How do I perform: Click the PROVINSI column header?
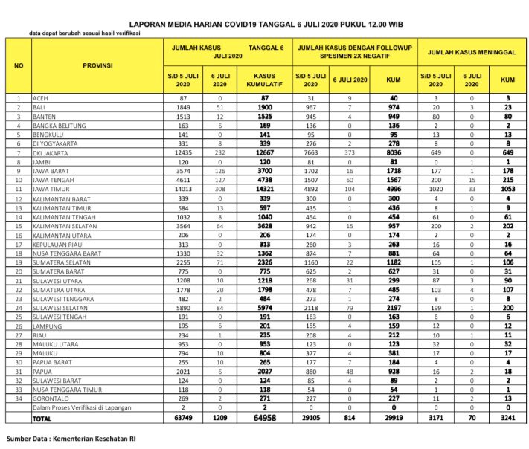pyautogui.click(x=97, y=65)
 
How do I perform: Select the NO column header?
pyautogui.click(x=18, y=65)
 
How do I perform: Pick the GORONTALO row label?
pyautogui.click(x=50, y=398)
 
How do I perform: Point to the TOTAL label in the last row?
pyautogui.click(x=43, y=419)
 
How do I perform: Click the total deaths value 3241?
pyautogui.click(x=507, y=419)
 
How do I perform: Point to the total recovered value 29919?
pyautogui.click(x=394, y=419)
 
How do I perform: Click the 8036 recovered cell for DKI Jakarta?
pyautogui.click(x=394, y=152)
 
